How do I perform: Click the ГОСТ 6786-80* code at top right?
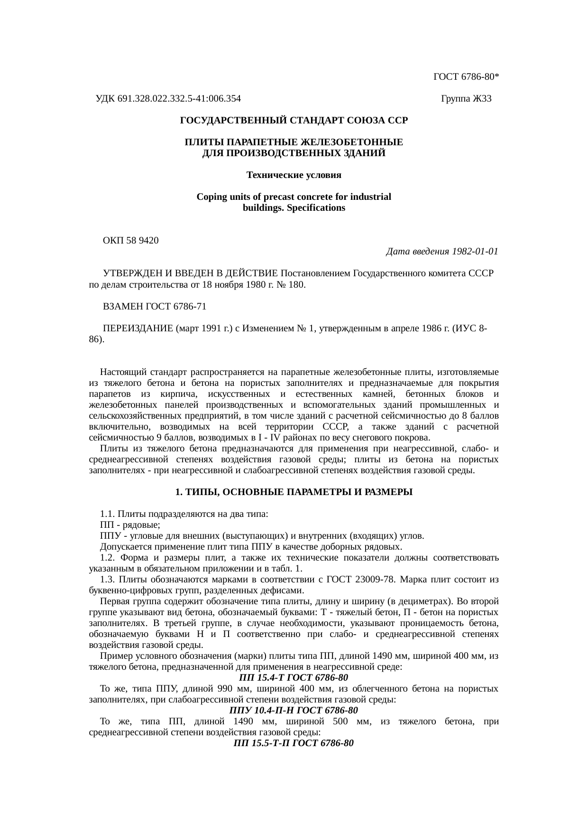click(x=465, y=76)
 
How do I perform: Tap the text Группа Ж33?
click(x=466, y=99)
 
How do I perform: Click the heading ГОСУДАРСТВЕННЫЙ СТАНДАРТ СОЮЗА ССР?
click(x=294, y=121)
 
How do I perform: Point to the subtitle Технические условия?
click(x=294, y=175)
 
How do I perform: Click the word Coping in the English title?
click(x=211, y=197)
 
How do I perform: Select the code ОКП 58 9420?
click(x=131, y=240)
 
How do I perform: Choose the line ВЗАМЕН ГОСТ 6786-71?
click(x=155, y=306)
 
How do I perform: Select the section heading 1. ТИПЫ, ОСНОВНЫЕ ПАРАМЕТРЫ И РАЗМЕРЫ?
click(x=294, y=492)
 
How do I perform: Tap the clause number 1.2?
click(x=107, y=558)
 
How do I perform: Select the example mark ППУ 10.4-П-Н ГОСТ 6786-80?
click(x=294, y=711)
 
